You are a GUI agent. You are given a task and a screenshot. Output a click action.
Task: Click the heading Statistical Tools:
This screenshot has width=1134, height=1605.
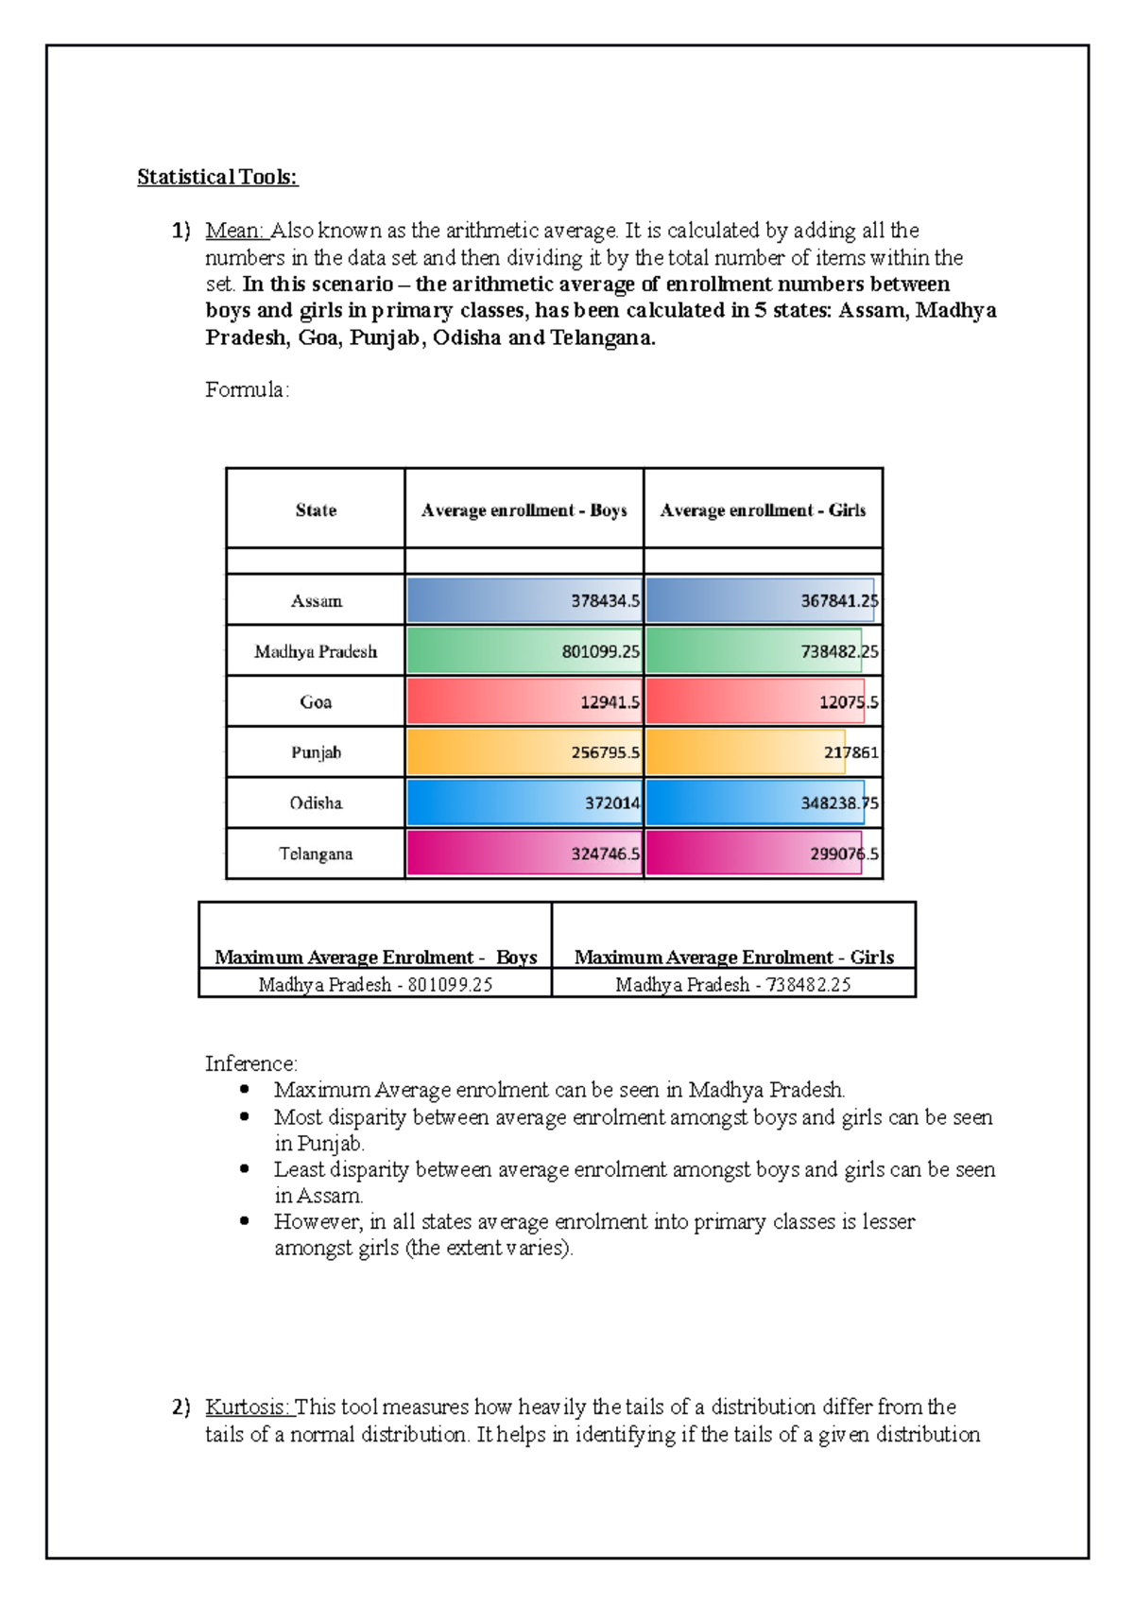coord(217,177)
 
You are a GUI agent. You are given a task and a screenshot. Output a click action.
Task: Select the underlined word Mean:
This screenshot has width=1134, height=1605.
coord(235,231)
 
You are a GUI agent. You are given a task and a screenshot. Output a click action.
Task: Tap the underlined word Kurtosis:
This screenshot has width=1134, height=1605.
coord(249,1407)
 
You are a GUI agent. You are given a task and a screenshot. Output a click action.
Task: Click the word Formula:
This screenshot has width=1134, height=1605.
coord(248,389)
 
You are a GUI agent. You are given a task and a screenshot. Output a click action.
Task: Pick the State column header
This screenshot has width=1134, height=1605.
coord(316,510)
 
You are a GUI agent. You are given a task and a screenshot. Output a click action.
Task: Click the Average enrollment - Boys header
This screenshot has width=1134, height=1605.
coord(524,510)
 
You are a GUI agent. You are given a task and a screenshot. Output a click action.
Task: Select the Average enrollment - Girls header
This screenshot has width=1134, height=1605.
coord(763,510)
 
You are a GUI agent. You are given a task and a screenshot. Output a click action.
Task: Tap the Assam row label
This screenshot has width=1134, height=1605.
coord(316,601)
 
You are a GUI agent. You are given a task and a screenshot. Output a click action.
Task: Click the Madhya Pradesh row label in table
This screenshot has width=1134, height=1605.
coord(316,651)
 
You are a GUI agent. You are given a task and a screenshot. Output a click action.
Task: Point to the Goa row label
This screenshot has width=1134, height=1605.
coord(316,702)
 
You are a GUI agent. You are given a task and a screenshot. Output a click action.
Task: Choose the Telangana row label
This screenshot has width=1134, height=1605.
coord(316,854)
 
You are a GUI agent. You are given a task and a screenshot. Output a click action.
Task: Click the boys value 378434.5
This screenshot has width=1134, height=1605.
coord(524,601)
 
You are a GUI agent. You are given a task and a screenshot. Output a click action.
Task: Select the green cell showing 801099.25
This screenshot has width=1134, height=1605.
coord(524,651)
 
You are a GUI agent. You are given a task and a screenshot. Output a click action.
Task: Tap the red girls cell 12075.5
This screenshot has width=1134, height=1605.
coord(763,702)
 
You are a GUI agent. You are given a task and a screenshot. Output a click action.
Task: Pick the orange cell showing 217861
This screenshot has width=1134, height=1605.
coord(763,752)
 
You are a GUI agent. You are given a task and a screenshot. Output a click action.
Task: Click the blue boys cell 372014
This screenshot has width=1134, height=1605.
coord(524,803)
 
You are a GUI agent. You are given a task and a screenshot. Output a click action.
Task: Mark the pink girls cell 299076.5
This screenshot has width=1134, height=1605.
coord(763,854)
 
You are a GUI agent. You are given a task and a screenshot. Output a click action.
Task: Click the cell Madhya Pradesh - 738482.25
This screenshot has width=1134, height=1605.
coord(733,985)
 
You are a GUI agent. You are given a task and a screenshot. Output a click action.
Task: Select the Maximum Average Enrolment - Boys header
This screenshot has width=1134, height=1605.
coord(375,957)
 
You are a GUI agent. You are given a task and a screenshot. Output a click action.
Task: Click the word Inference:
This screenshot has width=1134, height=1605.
coord(251,1063)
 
